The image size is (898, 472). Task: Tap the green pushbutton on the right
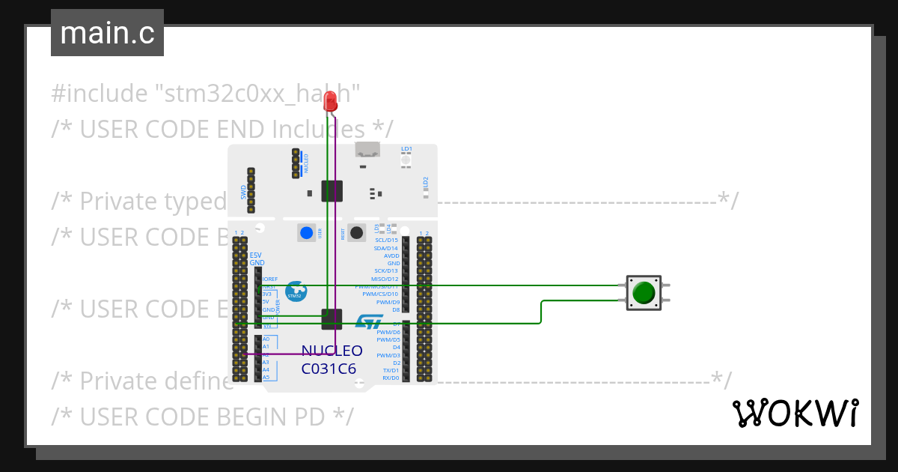tap(644, 292)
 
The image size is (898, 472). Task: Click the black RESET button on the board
tap(357, 232)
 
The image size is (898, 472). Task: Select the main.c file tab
tap(107, 33)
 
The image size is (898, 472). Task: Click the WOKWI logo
tap(795, 413)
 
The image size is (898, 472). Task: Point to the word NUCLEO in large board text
tap(332, 351)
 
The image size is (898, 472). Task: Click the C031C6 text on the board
tap(329, 369)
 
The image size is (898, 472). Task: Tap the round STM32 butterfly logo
tap(296, 291)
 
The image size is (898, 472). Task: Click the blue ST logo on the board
tap(368, 322)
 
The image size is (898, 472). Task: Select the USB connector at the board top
tap(367, 153)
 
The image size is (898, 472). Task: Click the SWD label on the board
tap(243, 193)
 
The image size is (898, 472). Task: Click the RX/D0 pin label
tap(391, 378)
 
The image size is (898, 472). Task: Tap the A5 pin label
tap(266, 377)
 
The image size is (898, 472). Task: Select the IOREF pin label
tap(269, 279)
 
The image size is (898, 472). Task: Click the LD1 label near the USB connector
tap(406, 149)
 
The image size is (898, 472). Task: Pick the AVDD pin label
tap(391, 255)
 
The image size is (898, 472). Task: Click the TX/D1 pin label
tap(391, 370)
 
